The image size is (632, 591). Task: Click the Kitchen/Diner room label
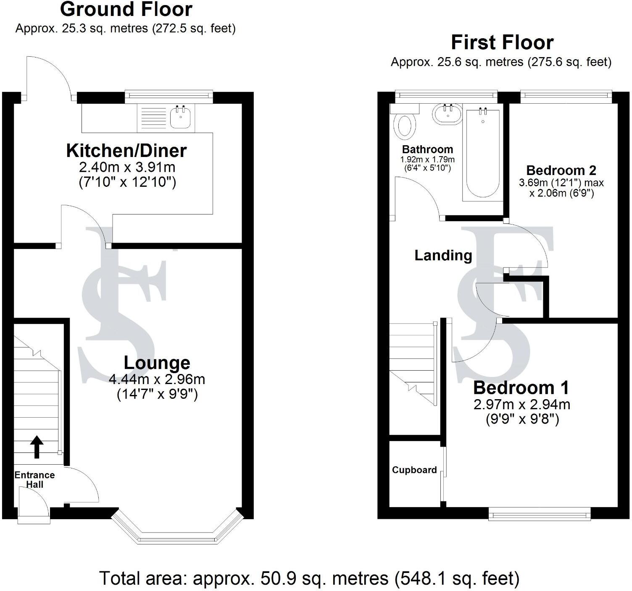(126, 151)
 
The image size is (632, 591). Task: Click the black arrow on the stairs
(37, 447)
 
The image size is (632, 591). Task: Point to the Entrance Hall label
(34, 479)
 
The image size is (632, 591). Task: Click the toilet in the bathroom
(405, 126)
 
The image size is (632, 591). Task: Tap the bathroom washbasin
(447, 114)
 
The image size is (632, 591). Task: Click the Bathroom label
(427, 149)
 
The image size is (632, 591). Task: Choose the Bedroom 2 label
(561, 170)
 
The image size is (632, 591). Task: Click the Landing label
(443, 255)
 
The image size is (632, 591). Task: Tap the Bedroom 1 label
(521, 387)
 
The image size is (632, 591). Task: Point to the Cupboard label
(414, 470)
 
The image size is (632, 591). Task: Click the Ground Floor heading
(126, 9)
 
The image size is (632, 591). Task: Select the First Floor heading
(502, 42)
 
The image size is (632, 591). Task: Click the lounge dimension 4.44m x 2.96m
(157, 379)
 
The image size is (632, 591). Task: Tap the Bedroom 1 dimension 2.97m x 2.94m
(522, 405)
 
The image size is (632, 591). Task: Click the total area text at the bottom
(309, 578)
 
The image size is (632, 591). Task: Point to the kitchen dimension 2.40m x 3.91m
(127, 167)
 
